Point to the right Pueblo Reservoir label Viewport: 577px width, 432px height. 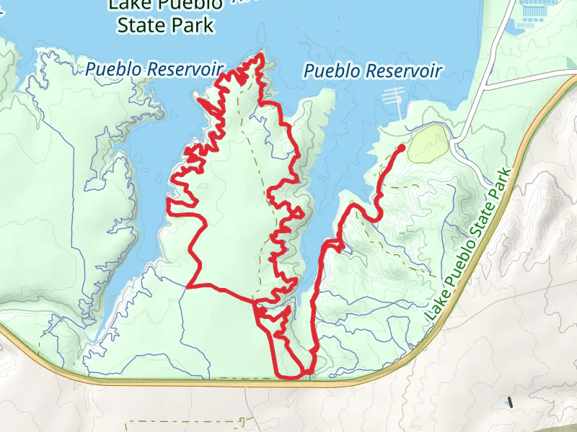tap(372, 71)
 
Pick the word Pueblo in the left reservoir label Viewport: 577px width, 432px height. tap(112, 70)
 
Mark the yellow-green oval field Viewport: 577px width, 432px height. tap(428, 143)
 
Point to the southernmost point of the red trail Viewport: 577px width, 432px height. tap(292, 377)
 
